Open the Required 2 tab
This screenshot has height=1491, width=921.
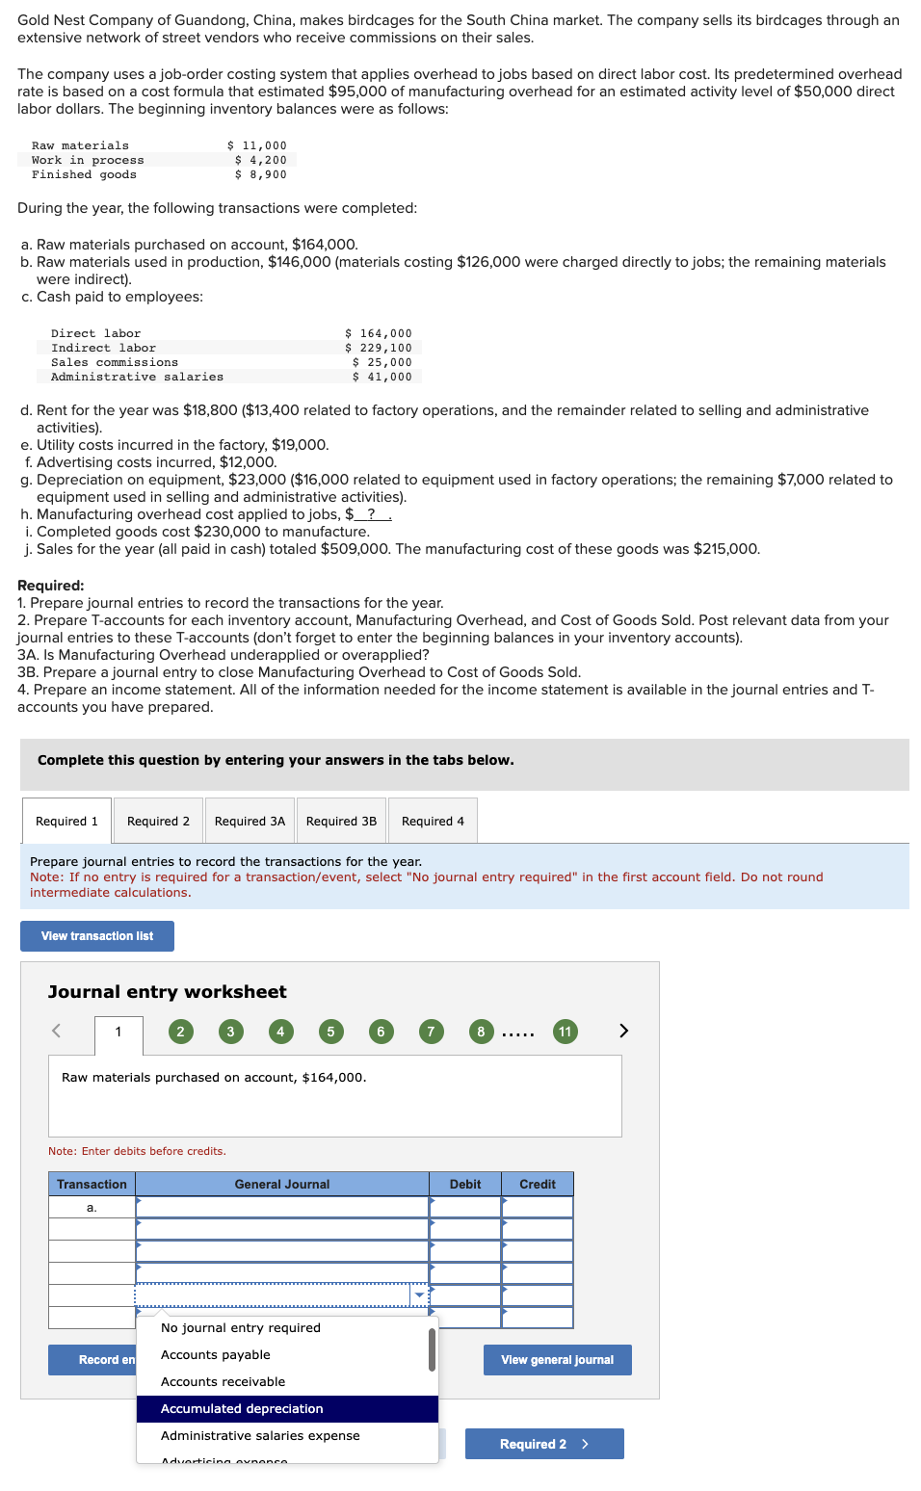click(158, 822)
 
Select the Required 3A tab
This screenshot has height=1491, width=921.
click(250, 822)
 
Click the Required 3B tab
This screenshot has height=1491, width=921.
click(341, 822)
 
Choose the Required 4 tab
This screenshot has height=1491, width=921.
click(433, 822)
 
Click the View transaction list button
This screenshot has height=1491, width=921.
click(97, 936)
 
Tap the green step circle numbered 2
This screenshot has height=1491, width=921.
click(180, 1032)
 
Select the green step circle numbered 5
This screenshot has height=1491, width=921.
click(330, 1032)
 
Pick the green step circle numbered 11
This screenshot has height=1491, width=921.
click(566, 1032)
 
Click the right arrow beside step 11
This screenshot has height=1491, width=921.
click(623, 1031)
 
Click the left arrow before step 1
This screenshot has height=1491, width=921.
click(56, 1031)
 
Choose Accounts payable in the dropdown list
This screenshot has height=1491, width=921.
click(216, 1355)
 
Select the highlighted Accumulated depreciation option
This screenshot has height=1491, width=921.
click(242, 1409)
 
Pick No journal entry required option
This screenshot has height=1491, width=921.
click(241, 1328)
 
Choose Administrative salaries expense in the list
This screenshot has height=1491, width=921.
click(260, 1436)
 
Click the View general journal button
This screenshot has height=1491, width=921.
click(557, 1360)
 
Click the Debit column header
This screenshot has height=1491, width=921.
click(465, 1185)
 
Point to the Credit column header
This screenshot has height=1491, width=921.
click(538, 1185)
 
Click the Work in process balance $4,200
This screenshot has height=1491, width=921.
click(261, 161)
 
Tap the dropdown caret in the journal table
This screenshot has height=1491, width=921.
click(420, 1295)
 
